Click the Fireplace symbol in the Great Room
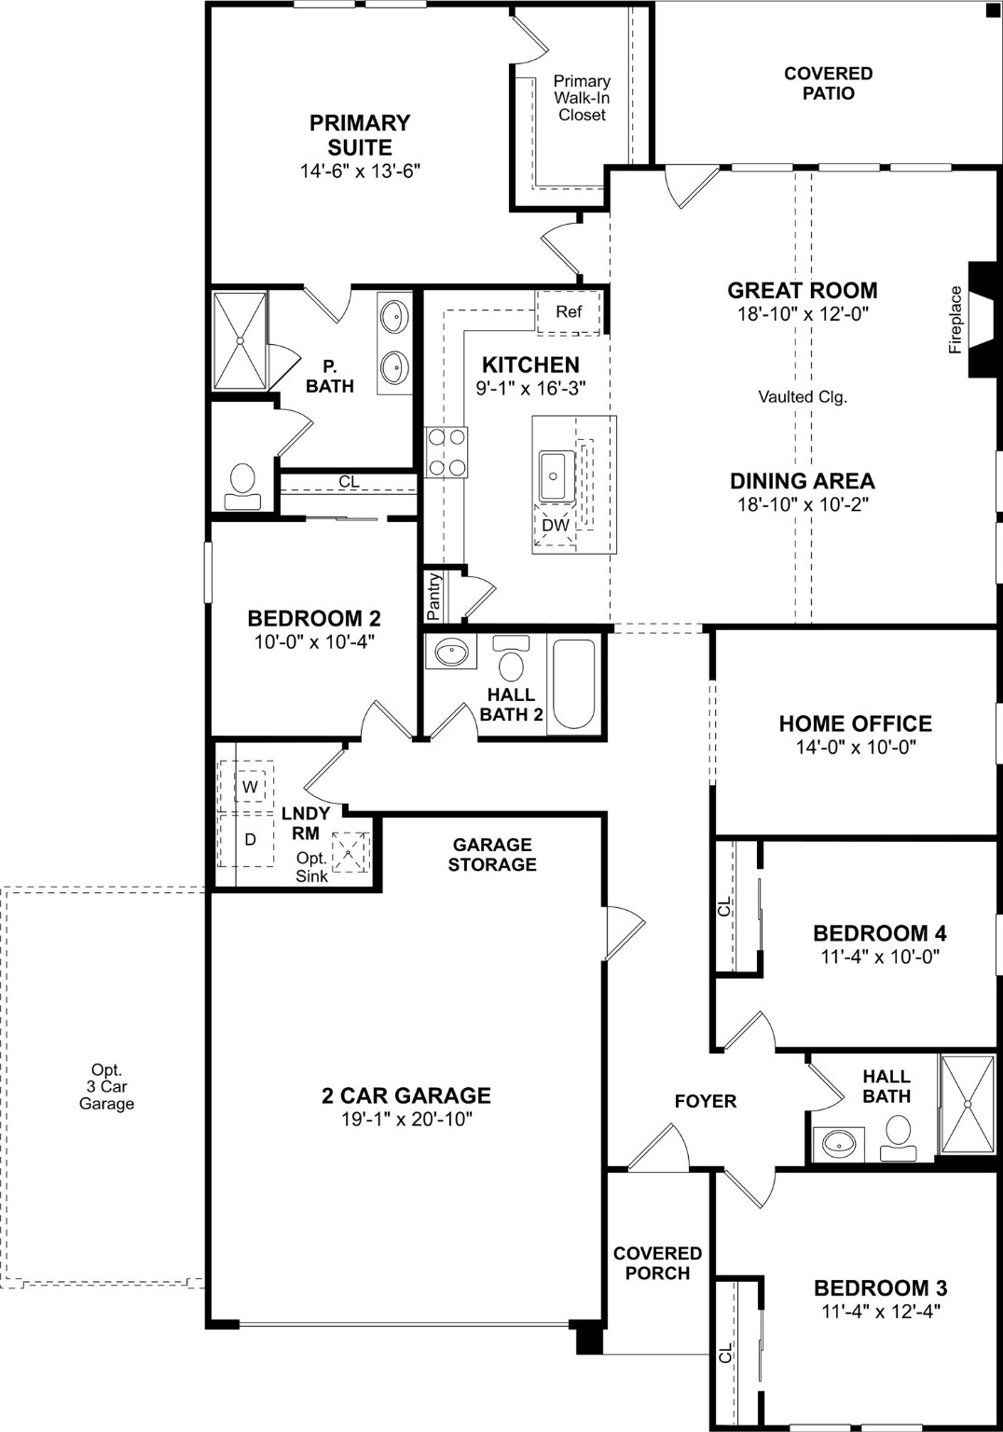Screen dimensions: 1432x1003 [983, 320]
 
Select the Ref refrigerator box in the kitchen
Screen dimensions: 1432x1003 [569, 311]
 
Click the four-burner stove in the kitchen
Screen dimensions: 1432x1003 [447, 452]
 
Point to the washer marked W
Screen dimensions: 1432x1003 [249, 787]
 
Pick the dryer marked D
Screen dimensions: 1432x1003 [249, 839]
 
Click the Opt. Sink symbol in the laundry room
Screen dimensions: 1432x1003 [351, 851]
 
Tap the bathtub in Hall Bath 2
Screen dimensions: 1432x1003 [573, 684]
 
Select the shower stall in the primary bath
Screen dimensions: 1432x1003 [240, 341]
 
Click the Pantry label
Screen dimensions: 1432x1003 [434, 597]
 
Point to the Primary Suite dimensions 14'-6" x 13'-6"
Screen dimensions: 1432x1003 [360, 172]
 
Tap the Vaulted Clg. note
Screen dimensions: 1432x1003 [802, 397]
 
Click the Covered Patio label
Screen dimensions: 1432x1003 [828, 83]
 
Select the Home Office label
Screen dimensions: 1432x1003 [855, 723]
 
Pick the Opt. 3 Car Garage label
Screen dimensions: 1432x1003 [106, 1087]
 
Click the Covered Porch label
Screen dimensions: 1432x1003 [657, 1263]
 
